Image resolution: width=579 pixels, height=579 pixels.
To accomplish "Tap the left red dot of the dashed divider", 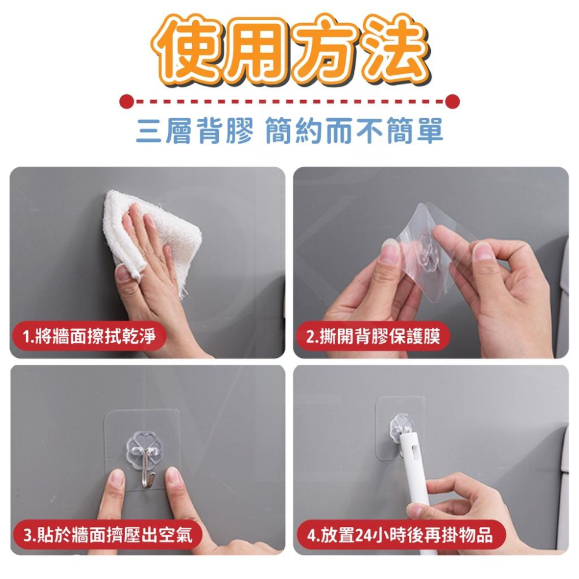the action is (127, 101).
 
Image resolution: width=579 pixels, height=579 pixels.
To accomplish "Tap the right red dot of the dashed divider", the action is (453, 101).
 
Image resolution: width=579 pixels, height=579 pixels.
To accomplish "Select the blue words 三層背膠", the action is (195, 131).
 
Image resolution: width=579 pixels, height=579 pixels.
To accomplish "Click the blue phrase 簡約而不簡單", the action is (354, 131).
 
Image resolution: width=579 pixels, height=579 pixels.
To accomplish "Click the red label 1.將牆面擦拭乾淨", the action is (89, 336).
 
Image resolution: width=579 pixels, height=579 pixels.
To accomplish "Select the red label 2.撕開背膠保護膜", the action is (373, 336).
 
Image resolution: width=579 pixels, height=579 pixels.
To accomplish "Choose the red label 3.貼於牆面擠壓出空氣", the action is (108, 534).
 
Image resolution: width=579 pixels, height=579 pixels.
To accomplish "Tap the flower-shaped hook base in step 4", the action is (401, 427).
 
